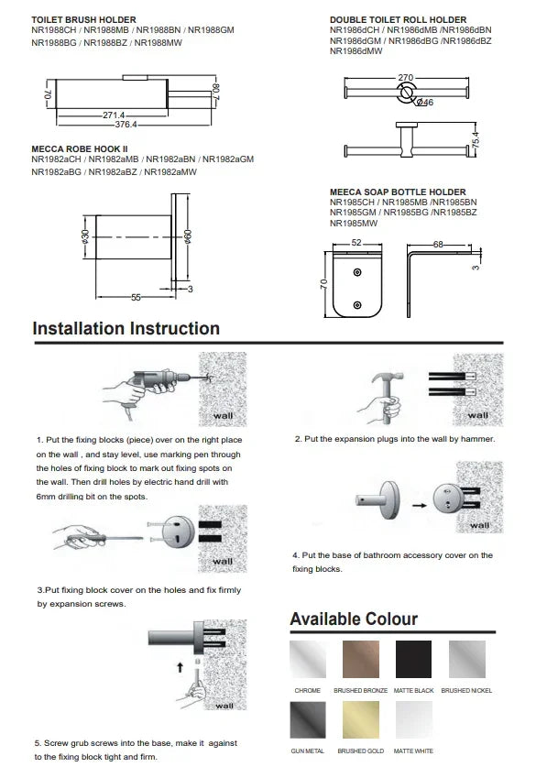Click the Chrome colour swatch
(x=308, y=659)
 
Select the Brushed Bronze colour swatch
(x=361, y=659)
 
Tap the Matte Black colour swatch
(x=413, y=659)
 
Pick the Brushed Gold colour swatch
(x=361, y=719)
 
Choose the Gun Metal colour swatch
(x=308, y=719)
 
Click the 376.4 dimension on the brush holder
(x=126, y=125)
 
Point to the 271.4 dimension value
(x=114, y=115)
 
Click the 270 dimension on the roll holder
(x=406, y=77)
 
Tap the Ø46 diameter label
(x=425, y=103)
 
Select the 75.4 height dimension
(x=476, y=141)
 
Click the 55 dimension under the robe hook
(x=136, y=298)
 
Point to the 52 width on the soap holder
(x=356, y=243)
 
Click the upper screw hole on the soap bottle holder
(x=357, y=272)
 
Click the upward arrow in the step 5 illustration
(x=181, y=667)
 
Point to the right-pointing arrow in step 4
(x=419, y=505)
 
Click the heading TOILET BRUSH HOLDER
(x=83, y=20)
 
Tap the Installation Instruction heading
(x=126, y=328)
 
